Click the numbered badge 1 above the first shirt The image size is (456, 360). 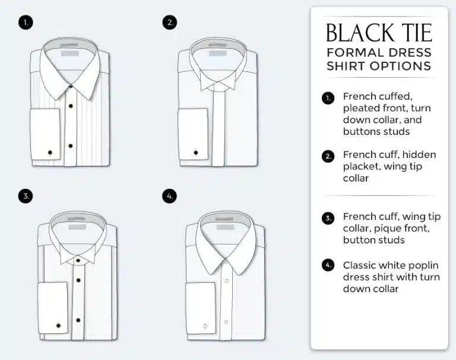(26, 23)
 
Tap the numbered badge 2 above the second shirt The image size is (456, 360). (170, 23)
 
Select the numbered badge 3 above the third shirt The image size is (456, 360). (26, 196)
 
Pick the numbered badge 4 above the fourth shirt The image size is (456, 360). (170, 196)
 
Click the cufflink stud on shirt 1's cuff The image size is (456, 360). (50, 152)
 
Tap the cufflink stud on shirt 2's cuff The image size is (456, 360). (196, 153)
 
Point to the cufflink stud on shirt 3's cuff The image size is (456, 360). (58, 326)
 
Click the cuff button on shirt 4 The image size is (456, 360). (205, 326)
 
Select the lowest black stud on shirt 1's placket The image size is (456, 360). (71, 146)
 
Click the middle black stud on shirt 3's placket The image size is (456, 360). (78, 280)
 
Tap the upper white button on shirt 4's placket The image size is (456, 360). (227, 281)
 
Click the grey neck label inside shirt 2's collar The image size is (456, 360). (217, 53)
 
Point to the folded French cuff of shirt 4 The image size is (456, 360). (201, 308)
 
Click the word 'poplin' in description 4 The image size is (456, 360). (423, 266)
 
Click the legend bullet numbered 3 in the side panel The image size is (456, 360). (328, 218)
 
